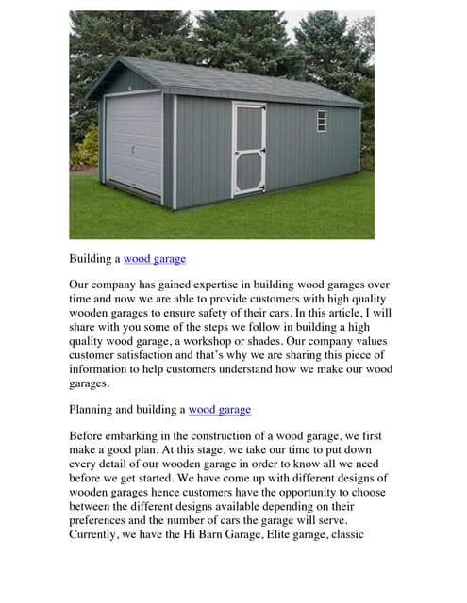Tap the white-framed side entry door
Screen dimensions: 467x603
(x=248, y=149)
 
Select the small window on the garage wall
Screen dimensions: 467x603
(x=322, y=121)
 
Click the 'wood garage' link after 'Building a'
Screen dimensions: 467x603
(x=155, y=258)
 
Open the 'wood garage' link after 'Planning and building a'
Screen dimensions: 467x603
(x=220, y=410)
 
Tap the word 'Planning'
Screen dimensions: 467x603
(x=97, y=410)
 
